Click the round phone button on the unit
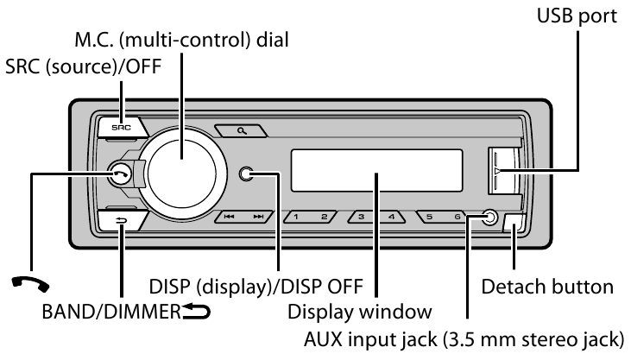point(121,174)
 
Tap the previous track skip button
point(229,218)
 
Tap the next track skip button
point(257,218)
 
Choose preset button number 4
point(390,218)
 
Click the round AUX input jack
point(489,218)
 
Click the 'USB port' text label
point(577,16)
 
